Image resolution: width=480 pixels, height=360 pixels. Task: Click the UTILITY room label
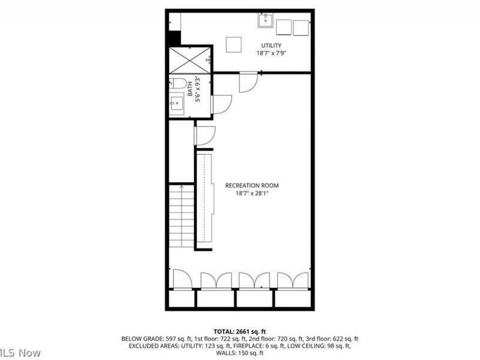271,46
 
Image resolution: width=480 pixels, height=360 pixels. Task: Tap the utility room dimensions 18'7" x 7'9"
271,53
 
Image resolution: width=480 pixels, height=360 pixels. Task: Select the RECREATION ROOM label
252,185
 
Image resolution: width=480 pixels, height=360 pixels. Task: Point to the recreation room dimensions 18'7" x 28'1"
252,193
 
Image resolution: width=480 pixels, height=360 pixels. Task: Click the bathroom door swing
221,104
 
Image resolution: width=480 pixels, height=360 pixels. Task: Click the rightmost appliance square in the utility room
301,26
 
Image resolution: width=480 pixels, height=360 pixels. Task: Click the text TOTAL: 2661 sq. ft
239,331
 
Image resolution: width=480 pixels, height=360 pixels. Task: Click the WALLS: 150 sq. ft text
239,353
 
